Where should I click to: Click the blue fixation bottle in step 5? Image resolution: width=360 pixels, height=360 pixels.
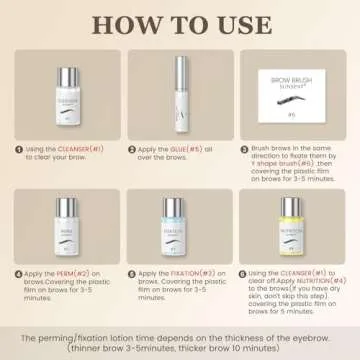point(180,225)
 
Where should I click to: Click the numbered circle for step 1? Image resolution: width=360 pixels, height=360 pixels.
point(18,148)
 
